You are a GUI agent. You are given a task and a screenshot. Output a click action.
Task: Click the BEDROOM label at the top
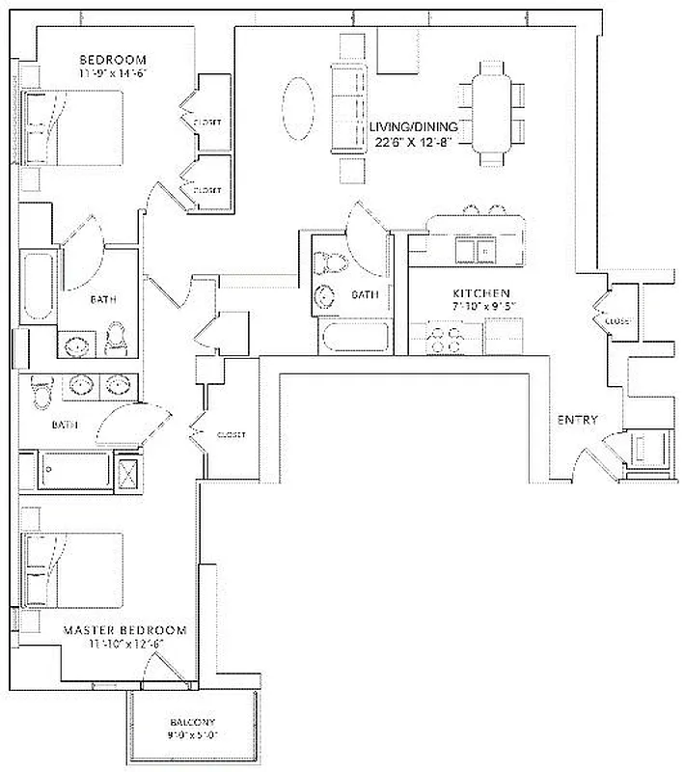[x=112, y=59]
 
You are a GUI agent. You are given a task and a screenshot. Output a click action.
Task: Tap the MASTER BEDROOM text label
[x=124, y=630]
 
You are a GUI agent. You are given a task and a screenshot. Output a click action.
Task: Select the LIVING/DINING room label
[x=415, y=126]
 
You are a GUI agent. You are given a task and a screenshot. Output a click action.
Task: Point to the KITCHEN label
[x=481, y=292]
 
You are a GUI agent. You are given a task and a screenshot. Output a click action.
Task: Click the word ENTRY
[x=577, y=420]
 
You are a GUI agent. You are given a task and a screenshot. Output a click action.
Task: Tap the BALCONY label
[x=192, y=722]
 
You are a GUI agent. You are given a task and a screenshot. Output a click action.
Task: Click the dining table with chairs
[x=492, y=106]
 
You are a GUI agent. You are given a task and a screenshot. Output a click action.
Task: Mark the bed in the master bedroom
[x=73, y=569]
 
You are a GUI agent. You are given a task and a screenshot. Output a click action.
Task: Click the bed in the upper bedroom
[x=73, y=128]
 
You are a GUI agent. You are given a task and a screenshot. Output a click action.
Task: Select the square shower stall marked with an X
[x=126, y=473]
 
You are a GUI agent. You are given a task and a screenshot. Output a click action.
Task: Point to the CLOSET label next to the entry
[x=618, y=320]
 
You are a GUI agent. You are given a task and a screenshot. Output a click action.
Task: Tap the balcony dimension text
[x=192, y=735]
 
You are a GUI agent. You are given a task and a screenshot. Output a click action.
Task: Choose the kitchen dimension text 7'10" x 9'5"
[x=484, y=307]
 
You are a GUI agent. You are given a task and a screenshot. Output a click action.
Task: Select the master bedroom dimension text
[x=124, y=644]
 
